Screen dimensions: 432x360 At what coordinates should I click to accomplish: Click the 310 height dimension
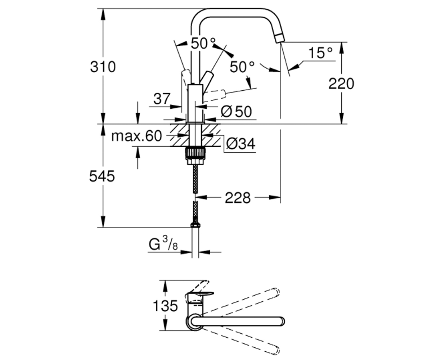click(x=103, y=67)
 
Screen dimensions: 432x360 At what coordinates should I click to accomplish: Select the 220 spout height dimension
click(x=341, y=84)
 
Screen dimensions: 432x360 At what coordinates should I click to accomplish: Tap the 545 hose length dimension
click(x=102, y=176)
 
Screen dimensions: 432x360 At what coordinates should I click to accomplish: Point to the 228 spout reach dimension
click(x=238, y=198)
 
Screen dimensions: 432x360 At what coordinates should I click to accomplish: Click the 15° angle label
click(x=320, y=53)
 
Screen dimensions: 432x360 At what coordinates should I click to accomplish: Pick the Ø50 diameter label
click(x=236, y=112)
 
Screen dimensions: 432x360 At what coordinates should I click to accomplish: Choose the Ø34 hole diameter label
click(x=240, y=144)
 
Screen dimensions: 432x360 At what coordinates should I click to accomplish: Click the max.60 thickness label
click(x=136, y=136)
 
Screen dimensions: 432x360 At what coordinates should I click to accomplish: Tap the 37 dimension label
click(x=162, y=99)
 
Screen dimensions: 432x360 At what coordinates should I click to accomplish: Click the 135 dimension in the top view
click(x=165, y=306)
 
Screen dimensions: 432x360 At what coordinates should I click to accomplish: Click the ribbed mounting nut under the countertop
click(x=195, y=153)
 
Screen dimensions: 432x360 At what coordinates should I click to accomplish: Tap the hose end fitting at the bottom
click(x=195, y=225)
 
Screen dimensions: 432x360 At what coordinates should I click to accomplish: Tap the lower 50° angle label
click(x=242, y=67)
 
